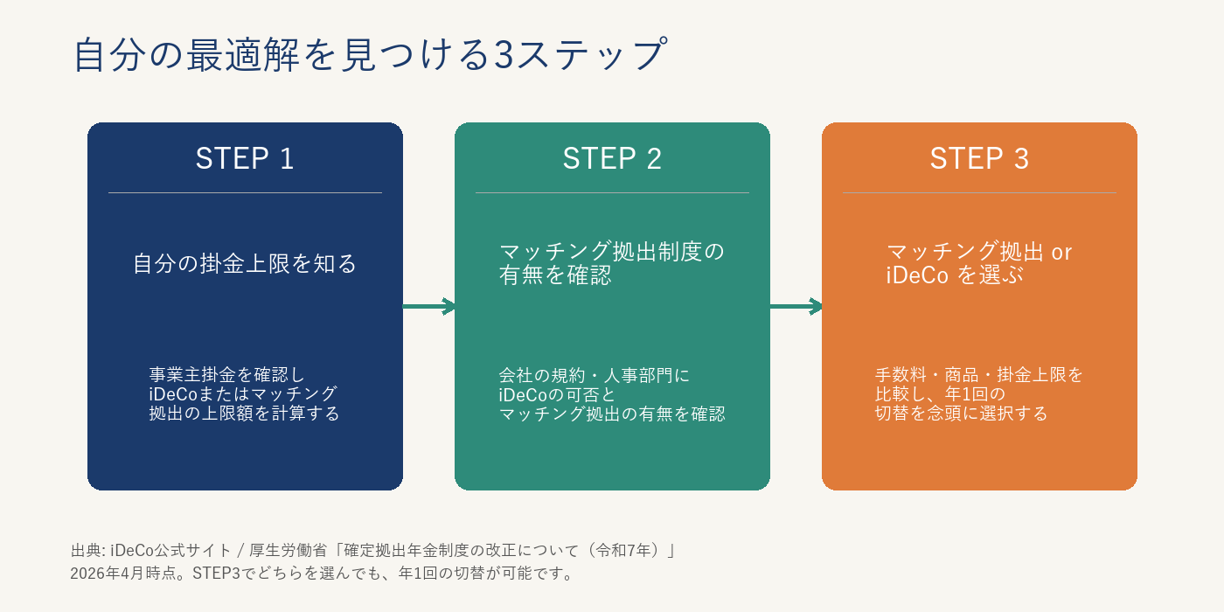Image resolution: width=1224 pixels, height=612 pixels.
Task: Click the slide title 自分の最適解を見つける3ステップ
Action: click(x=371, y=54)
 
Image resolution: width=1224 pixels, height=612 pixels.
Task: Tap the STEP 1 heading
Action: click(x=245, y=158)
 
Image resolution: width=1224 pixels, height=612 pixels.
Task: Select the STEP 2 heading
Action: click(x=612, y=158)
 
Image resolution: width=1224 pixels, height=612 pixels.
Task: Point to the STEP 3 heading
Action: click(x=979, y=158)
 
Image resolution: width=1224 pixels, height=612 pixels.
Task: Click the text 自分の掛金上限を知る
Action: click(x=245, y=263)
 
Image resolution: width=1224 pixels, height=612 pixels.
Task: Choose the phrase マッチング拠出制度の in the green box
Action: click(x=612, y=252)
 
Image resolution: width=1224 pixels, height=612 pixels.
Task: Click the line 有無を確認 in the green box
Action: click(x=555, y=275)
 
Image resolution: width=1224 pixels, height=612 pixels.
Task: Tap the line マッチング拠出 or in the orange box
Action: click(x=979, y=252)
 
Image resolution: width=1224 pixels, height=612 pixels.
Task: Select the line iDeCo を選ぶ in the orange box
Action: click(x=955, y=275)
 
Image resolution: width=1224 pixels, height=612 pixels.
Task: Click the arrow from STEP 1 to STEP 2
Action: click(x=428, y=306)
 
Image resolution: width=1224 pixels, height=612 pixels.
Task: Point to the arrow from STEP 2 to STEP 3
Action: click(x=796, y=306)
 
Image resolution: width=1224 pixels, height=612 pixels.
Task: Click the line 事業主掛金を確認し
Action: click(x=226, y=375)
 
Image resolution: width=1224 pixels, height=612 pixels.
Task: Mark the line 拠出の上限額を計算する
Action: click(x=244, y=414)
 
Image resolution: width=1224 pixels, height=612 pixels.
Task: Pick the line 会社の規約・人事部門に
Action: click(x=595, y=376)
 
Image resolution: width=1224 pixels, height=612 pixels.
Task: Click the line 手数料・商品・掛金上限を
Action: click(x=979, y=375)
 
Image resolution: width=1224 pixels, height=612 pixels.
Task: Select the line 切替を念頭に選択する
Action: click(x=961, y=414)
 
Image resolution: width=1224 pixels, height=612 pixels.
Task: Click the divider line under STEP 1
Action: click(x=245, y=192)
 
